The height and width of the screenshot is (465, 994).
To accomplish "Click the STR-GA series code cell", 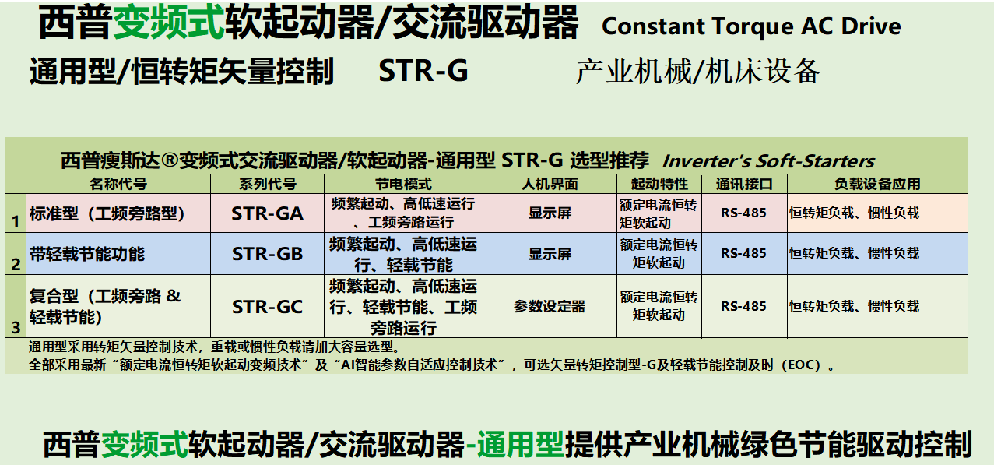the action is pos(267,213).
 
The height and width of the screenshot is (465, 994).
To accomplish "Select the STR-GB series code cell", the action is pos(267,254).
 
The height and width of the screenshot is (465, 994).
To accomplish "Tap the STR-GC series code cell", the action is pos(267,306).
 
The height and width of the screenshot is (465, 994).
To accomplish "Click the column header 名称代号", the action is pos(118,184).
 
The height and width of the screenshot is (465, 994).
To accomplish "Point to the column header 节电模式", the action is pos(403,184).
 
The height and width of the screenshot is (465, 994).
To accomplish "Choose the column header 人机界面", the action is pos(550,184).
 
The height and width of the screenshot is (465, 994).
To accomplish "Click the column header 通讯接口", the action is pos(744,184).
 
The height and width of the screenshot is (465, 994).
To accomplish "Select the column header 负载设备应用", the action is pos(877,184).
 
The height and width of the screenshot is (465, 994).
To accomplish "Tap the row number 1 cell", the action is pos(16,213).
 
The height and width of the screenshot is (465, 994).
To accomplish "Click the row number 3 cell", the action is pos(16,306).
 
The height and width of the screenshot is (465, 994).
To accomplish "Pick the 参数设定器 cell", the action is pos(550,306).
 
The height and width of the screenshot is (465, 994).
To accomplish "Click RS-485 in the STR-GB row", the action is pos(743,254).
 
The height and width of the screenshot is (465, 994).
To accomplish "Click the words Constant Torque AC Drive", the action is pos(751,26).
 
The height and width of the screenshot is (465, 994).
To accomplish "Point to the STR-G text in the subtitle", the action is pos(423,71).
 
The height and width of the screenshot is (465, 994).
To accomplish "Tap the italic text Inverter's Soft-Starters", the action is pos(768,161).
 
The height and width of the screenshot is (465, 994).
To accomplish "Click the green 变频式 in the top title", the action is pos(169,23).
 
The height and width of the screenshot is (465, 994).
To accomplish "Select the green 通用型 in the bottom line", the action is pos(521,444).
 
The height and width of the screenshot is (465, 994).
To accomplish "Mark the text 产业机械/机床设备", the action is pos(698,71).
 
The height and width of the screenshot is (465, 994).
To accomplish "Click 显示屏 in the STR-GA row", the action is pos(550,213).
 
